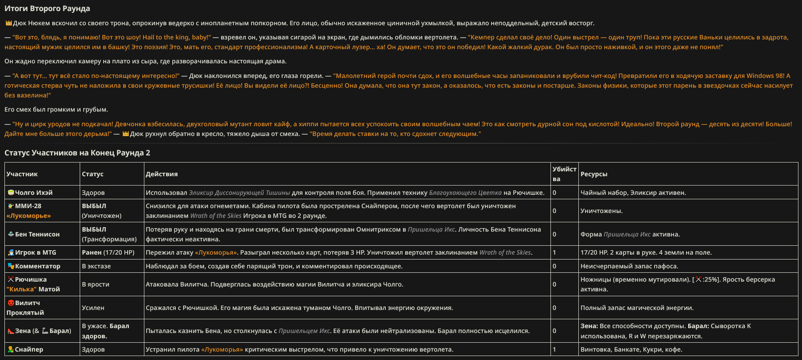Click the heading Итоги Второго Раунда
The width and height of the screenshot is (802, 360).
click(x=47, y=8)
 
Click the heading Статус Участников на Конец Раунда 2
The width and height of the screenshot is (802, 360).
click(x=77, y=153)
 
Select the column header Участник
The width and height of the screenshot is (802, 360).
click(x=22, y=174)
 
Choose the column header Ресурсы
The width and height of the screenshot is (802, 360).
click(x=594, y=174)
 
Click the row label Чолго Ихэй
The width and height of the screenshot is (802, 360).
click(x=34, y=193)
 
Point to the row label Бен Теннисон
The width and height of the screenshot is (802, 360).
click(x=37, y=234)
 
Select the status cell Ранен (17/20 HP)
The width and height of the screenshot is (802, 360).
click(x=108, y=252)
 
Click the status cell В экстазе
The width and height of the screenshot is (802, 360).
click(x=96, y=266)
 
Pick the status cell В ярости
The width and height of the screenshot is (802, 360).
click(x=95, y=284)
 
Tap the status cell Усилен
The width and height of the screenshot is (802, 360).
click(x=93, y=308)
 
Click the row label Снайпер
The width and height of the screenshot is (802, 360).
click(x=29, y=349)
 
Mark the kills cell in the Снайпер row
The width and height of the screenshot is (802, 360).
click(x=554, y=349)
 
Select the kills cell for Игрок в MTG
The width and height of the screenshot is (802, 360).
click(x=554, y=252)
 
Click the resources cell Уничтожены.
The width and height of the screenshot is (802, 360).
click(x=601, y=211)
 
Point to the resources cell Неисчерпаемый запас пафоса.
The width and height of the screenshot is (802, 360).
click(x=629, y=266)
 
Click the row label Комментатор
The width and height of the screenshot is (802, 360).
click(x=38, y=266)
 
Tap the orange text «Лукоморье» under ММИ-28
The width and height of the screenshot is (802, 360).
click(x=29, y=216)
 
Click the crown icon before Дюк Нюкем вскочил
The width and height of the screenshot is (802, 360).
click(x=8, y=23)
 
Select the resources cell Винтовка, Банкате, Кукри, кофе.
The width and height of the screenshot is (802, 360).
click(x=631, y=349)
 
